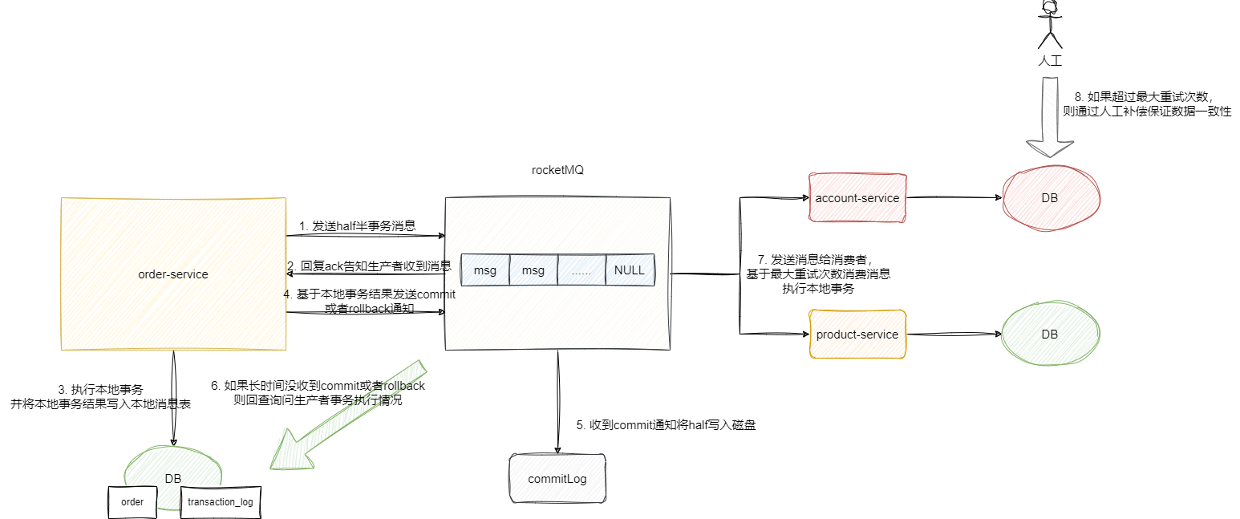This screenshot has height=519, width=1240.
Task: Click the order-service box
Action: click(x=173, y=274)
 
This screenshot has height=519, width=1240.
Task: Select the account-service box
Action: click(x=857, y=198)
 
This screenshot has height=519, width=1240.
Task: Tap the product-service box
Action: click(x=857, y=335)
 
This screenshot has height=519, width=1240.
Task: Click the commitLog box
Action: click(x=557, y=479)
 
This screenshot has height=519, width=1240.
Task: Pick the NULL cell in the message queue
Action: click(x=630, y=270)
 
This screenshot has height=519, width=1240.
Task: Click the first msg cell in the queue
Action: click(x=485, y=270)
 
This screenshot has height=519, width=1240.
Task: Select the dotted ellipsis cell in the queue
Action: click(x=581, y=270)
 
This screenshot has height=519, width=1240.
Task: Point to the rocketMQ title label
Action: click(x=557, y=169)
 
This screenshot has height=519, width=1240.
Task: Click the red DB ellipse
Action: click(x=1050, y=198)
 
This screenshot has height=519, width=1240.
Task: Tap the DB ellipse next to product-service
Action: click(x=1050, y=335)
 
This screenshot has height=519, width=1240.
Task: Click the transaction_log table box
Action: click(x=220, y=502)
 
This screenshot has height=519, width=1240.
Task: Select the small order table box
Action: click(x=132, y=502)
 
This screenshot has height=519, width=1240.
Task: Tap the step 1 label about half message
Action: click(x=357, y=226)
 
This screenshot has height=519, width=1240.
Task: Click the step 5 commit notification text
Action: click(x=666, y=425)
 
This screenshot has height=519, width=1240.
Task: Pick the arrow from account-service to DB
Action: click(x=954, y=198)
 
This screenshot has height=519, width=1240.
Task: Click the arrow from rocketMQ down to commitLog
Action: click(x=557, y=401)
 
